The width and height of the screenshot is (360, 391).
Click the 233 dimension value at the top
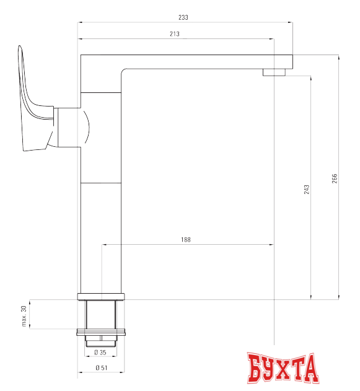pos(183,17)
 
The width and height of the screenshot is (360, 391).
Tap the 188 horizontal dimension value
pos(186,239)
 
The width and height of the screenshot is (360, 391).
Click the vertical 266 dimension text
pos(335,178)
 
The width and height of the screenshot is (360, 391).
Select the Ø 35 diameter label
pos(100,352)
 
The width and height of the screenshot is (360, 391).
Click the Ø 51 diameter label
pos(100,369)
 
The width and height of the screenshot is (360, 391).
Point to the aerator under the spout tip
pos(274,72)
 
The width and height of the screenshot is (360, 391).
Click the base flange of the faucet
pos(101,296)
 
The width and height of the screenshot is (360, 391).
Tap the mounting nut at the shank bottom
pos(101,340)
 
